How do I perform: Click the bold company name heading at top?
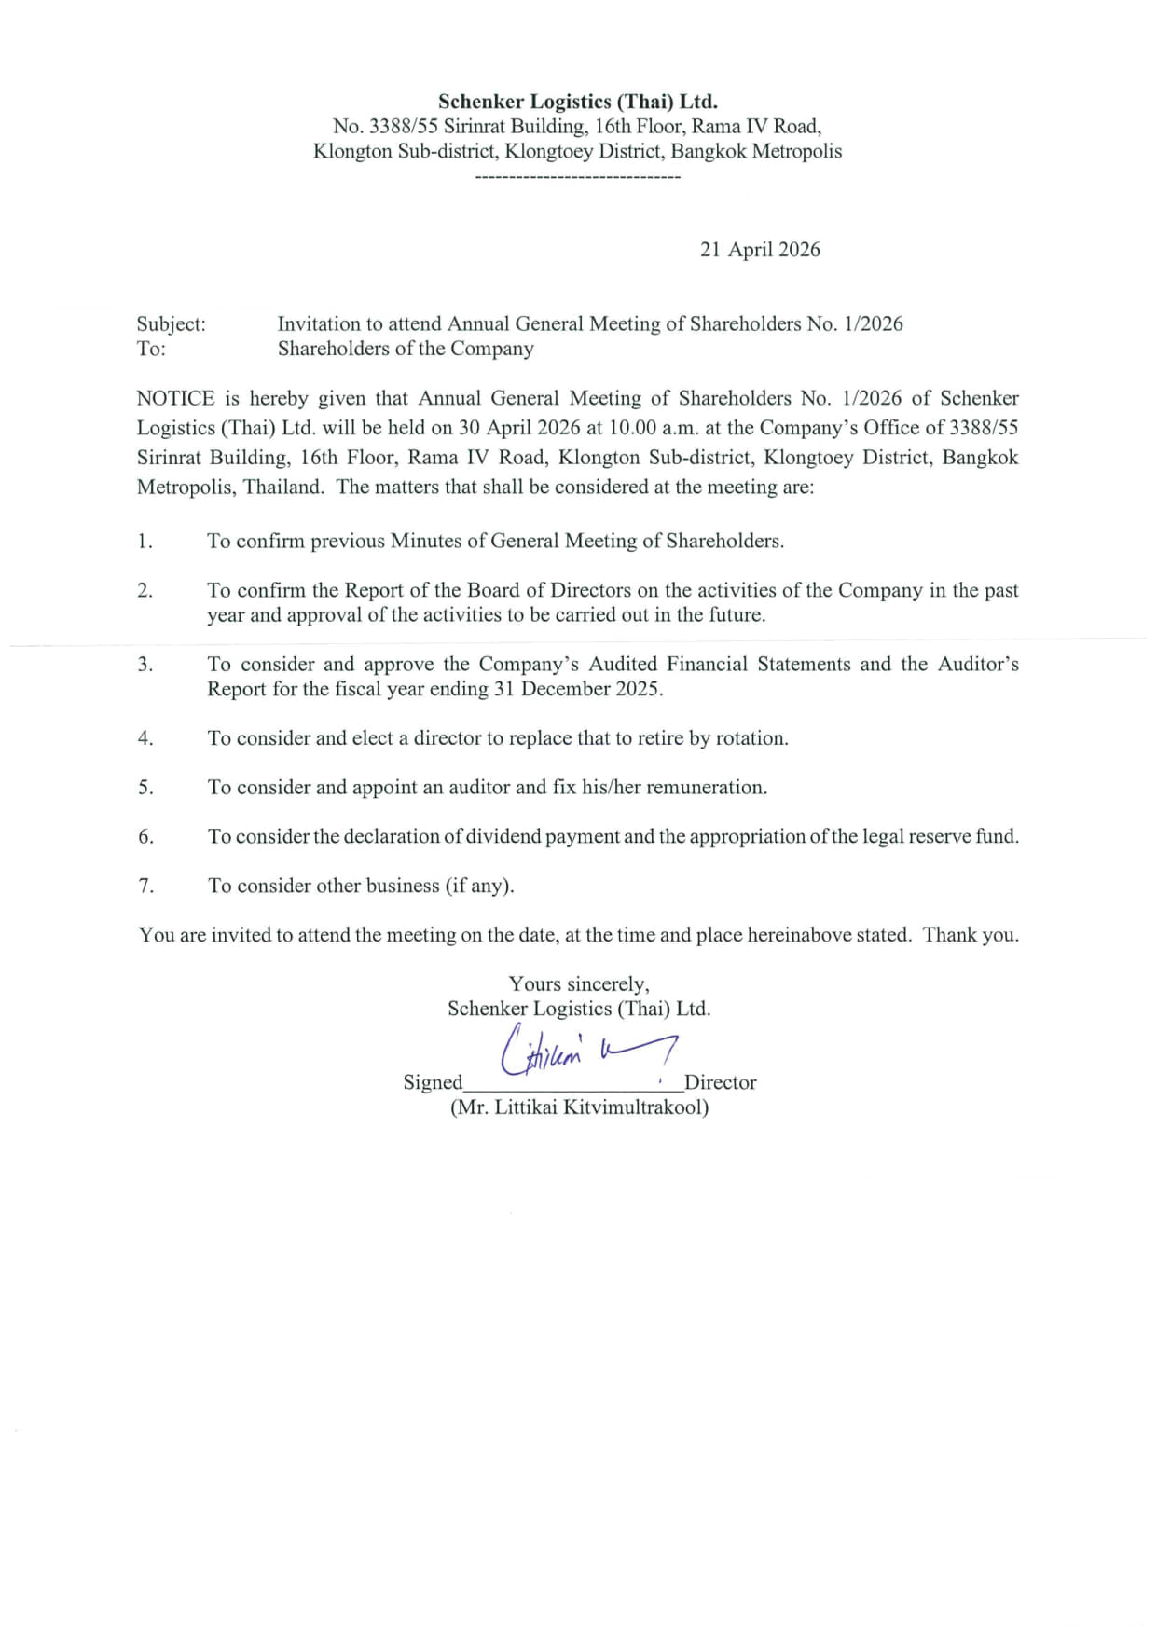(577, 102)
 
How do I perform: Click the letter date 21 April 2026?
(760, 250)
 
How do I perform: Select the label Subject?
(172, 324)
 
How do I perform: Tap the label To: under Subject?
(151, 349)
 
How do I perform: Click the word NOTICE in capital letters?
(175, 399)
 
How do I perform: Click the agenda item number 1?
(145, 542)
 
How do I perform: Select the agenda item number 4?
(145, 738)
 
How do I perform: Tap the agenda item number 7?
(146, 886)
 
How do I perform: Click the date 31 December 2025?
(590, 689)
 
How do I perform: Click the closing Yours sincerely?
(579, 984)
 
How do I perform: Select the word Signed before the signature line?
(433, 1082)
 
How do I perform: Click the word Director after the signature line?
(720, 1082)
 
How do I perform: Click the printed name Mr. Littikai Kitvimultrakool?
(579, 1107)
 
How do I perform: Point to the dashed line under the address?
(577, 177)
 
